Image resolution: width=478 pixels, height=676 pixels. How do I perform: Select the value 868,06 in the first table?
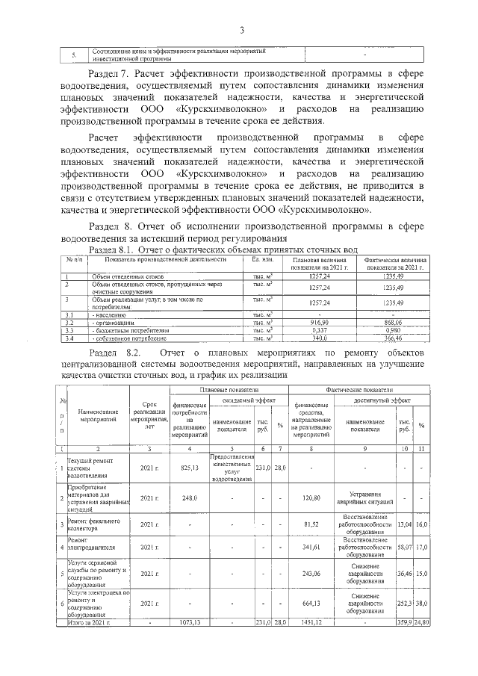coord(392,322)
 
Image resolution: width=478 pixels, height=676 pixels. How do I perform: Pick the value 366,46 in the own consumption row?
coord(392,337)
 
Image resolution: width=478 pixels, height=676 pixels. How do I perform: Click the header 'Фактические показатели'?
coord(359,390)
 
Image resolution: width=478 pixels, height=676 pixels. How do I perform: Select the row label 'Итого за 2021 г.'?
coord(88,621)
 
